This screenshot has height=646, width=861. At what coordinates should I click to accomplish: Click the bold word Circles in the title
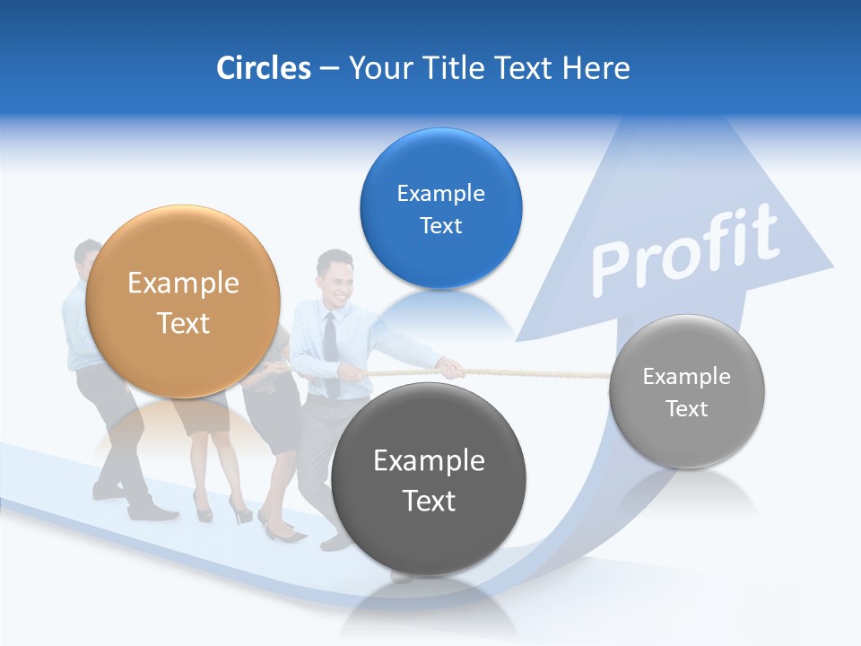(x=263, y=68)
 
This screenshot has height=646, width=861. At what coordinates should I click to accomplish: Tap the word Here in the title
(x=596, y=68)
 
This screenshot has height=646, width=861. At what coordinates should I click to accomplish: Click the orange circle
(x=183, y=301)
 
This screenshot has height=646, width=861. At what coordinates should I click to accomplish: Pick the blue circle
(x=440, y=208)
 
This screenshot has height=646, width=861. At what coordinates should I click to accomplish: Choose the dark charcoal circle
(x=428, y=479)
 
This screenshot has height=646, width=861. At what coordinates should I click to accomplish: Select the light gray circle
(x=687, y=391)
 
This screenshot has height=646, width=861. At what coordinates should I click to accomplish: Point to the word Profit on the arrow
(x=685, y=250)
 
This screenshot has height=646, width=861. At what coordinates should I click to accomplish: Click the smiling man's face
(x=336, y=279)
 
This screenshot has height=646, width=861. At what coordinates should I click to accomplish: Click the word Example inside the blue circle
(x=440, y=193)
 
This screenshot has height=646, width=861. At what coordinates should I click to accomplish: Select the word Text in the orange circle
(x=183, y=323)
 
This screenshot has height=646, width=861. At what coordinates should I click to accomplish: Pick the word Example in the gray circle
(x=687, y=376)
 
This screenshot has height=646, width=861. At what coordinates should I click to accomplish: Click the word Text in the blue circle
(x=440, y=225)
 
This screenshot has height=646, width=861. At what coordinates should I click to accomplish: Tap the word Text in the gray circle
(x=687, y=408)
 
